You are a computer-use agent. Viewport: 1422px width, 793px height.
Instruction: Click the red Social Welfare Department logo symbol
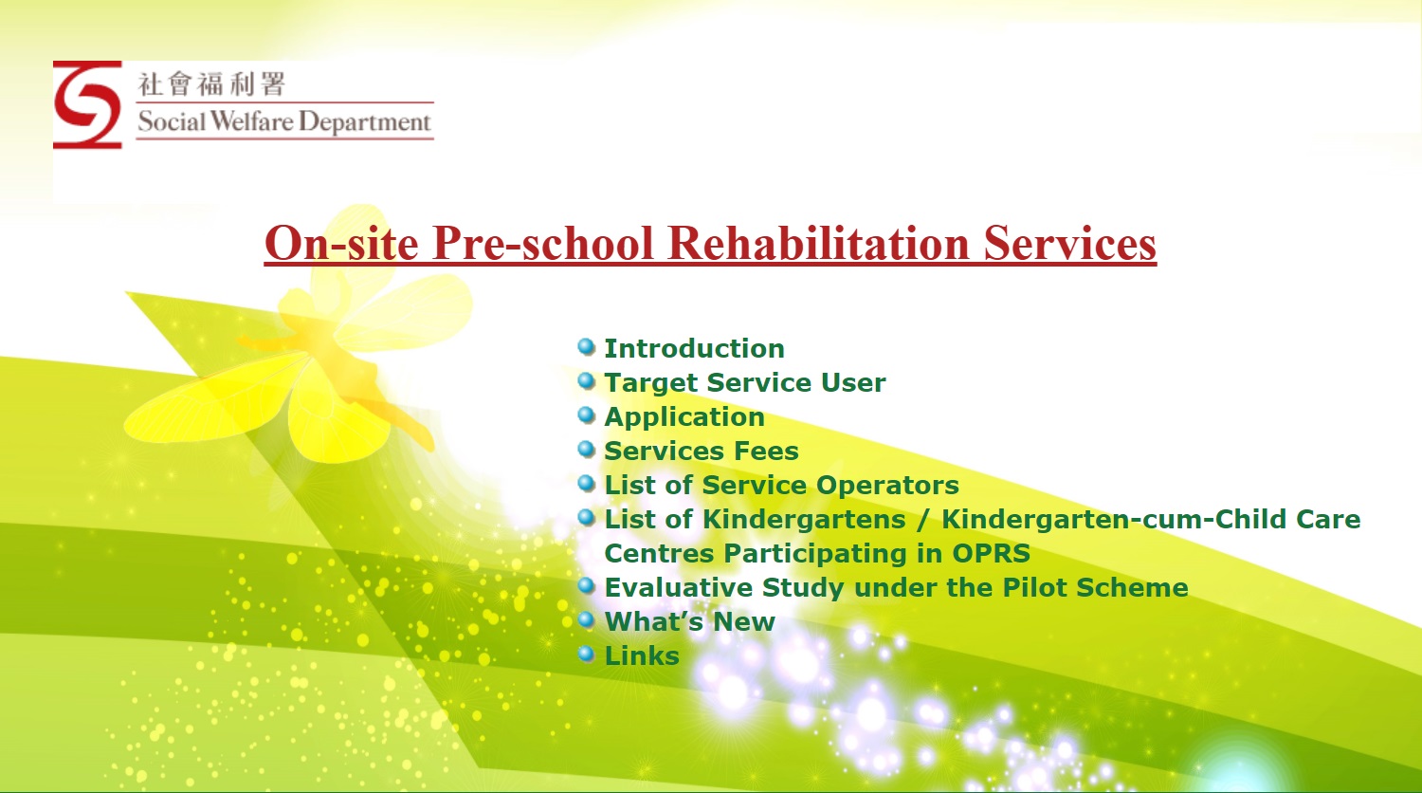tap(87, 105)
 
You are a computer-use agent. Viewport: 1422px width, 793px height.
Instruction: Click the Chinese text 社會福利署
tap(212, 83)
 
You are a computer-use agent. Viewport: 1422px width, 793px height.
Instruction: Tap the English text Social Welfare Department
tap(284, 121)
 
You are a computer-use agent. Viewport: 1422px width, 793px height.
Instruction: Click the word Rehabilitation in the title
tap(819, 243)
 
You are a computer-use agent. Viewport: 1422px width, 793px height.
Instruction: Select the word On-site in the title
tap(341, 243)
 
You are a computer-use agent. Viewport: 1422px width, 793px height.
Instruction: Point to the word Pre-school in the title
tap(543, 243)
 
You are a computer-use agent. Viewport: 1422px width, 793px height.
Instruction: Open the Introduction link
tap(695, 348)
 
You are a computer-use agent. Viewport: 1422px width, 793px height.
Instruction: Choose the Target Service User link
tap(744, 382)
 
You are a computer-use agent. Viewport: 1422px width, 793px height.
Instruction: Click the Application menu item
tap(684, 417)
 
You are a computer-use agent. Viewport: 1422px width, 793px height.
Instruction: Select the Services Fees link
tap(702, 452)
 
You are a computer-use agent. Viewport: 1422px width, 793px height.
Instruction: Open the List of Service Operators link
tap(781, 486)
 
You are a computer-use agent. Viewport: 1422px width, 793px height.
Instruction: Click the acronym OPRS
tap(991, 553)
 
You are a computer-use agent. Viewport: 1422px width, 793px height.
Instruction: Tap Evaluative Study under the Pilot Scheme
tap(896, 588)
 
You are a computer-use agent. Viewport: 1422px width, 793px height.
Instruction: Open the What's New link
tap(689, 621)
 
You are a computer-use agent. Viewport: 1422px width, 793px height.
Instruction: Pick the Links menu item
tap(642, 655)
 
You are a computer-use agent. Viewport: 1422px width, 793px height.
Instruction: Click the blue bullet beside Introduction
tap(586, 347)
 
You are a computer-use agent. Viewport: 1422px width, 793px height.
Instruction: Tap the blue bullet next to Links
tap(586, 655)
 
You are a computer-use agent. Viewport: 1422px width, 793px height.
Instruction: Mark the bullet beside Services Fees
tap(586, 450)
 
